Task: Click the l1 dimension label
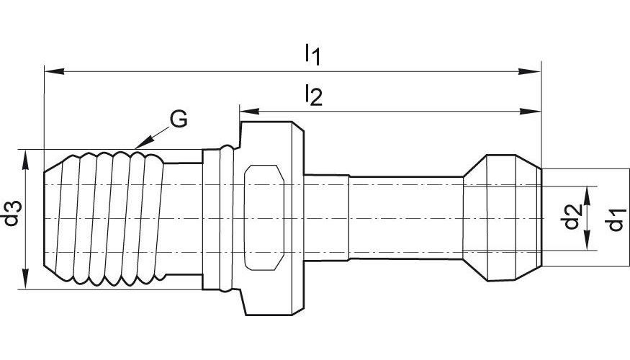[x=312, y=54]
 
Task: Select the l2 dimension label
[x=313, y=95]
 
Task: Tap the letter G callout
[x=178, y=119]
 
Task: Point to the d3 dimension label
[x=12, y=213]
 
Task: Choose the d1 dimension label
[x=616, y=220]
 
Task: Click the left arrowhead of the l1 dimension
[x=54, y=71]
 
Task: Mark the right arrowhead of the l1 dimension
[x=531, y=71]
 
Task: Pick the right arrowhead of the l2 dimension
[x=531, y=112]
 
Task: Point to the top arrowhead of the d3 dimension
[x=26, y=160]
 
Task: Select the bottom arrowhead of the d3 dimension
[x=26, y=279]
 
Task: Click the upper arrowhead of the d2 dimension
[x=588, y=197]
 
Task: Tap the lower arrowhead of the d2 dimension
[x=588, y=240]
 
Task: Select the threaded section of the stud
[x=104, y=219]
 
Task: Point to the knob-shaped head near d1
[x=503, y=217]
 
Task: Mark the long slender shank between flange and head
[x=406, y=217]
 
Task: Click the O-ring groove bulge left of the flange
[x=227, y=219]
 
